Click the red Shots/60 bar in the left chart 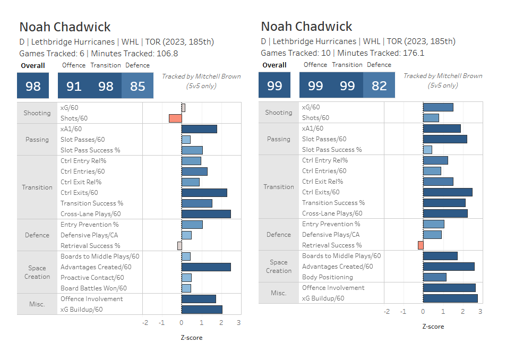[175, 118]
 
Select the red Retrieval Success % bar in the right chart [421, 245]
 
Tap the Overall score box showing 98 [33, 86]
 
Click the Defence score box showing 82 [379, 85]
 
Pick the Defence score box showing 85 [138, 86]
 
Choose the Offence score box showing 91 [74, 86]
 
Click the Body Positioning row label [327, 277]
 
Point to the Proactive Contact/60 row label [92, 278]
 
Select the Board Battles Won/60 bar [186, 288]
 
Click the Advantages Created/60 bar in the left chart [206, 267]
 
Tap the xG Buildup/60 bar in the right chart [450, 298]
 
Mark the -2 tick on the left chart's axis [145, 322]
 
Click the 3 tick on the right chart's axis [480, 312]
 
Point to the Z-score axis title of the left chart [192, 338]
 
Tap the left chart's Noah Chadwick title [65, 27]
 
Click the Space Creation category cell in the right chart [279, 267]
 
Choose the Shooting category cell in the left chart [37, 113]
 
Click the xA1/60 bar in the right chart [442, 128]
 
